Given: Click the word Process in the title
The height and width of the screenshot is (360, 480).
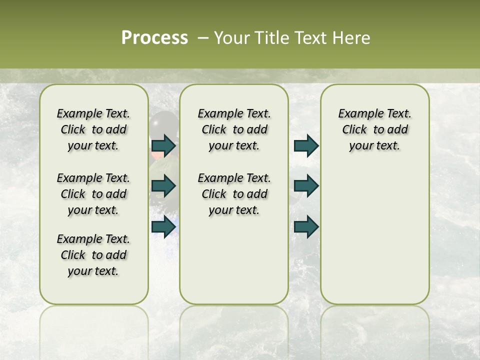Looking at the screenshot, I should pyautogui.click(x=154, y=38).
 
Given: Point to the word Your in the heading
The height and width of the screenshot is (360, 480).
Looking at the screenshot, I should pyautogui.click(x=231, y=38).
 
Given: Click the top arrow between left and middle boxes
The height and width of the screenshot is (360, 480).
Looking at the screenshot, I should pyautogui.click(x=163, y=145).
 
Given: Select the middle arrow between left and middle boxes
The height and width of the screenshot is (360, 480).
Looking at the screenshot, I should pyautogui.click(x=163, y=186).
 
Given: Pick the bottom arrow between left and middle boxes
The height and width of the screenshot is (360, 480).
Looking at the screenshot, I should pyautogui.click(x=163, y=226).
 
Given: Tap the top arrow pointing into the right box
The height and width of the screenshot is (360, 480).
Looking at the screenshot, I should pyautogui.click(x=306, y=145).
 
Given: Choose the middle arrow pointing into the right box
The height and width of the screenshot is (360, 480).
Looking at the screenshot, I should pyautogui.click(x=306, y=186).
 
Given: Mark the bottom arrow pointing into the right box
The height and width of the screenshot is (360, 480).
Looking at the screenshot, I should pyautogui.click(x=306, y=226).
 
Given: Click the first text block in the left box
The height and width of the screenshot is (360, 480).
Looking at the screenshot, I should pyautogui.click(x=93, y=129).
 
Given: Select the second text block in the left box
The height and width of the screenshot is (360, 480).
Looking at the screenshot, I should pyautogui.click(x=93, y=194).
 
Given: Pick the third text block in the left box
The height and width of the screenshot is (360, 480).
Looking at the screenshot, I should pyautogui.click(x=93, y=255).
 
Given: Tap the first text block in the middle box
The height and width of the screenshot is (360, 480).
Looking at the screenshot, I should pyautogui.click(x=234, y=129).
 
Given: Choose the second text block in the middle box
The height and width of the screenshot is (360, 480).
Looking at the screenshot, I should pyautogui.click(x=234, y=194).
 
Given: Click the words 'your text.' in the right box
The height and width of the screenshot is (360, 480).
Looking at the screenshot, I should pyautogui.click(x=374, y=146).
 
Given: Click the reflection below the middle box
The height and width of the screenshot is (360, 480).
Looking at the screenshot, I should pyautogui.click(x=234, y=325).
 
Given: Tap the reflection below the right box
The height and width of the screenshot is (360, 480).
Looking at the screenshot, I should pyautogui.click(x=374, y=325).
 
